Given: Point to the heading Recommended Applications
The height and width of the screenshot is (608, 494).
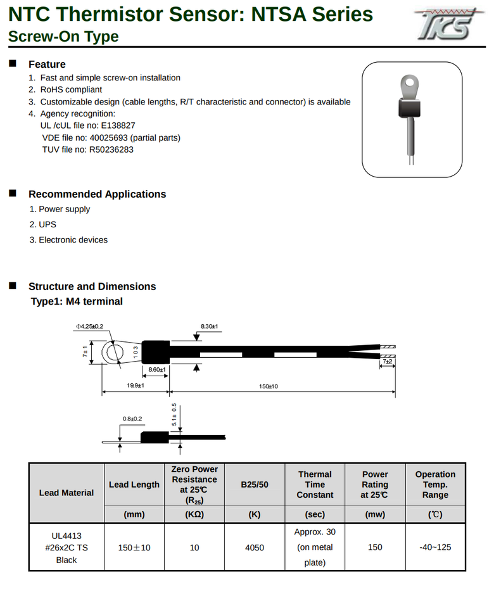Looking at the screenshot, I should click(97, 194).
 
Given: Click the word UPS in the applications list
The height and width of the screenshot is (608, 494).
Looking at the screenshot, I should click(47, 224).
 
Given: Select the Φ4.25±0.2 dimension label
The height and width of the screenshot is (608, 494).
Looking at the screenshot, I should click(89, 326).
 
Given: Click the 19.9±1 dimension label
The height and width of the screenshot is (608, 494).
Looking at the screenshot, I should click(135, 385).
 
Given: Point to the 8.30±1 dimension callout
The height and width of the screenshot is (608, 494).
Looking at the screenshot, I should click(209, 326).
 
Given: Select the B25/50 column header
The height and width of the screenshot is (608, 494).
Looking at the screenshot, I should click(255, 484).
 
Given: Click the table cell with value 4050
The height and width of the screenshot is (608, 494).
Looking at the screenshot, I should click(255, 547).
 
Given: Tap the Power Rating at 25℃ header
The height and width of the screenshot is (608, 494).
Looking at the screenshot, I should click(375, 484).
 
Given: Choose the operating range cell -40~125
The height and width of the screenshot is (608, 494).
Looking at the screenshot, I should click(435, 547).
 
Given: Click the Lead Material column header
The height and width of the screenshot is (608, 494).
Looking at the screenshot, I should click(66, 492).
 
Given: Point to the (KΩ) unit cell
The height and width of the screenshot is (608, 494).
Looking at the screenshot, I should click(194, 515).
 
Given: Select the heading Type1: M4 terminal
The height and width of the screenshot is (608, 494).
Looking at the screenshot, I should click(77, 301).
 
